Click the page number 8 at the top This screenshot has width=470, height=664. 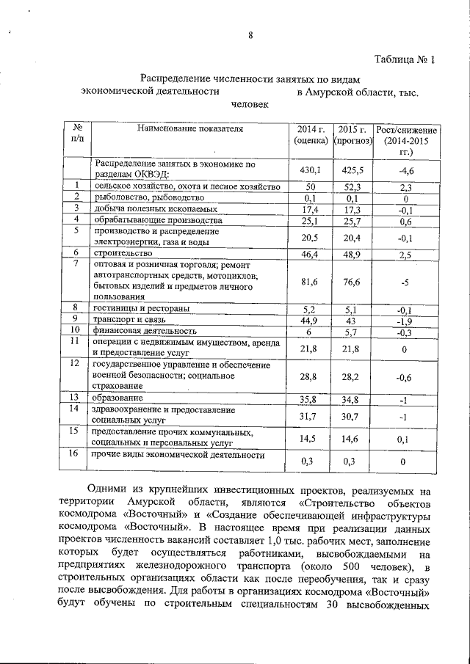[250, 36]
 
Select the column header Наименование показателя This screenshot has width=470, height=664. [189, 128]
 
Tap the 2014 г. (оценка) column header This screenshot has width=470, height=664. [311, 134]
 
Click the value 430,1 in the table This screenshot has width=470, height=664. [311, 169]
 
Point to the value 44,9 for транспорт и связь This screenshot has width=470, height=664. [311, 321]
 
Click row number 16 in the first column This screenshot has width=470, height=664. [73, 454]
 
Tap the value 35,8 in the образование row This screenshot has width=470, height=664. [311, 399]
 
